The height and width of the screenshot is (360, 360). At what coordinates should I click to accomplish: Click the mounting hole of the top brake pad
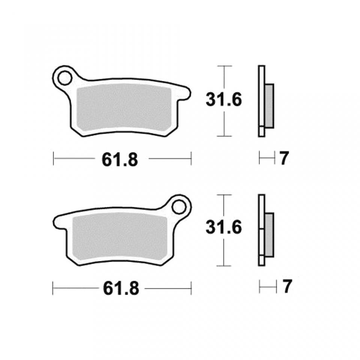[64, 78]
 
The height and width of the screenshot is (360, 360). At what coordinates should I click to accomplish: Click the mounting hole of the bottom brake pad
[179, 206]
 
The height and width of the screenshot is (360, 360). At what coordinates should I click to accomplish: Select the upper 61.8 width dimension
[120, 160]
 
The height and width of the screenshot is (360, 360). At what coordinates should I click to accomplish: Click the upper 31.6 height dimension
[223, 100]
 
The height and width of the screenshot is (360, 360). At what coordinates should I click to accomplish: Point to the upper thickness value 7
[283, 159]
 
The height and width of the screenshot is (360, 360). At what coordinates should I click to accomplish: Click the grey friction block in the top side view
[269, 106]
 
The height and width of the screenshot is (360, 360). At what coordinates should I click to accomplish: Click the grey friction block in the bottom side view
[269, 235]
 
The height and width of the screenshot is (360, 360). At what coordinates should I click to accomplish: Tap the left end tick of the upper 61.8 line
[54, 158]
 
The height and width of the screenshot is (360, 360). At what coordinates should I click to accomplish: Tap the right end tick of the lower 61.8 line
[192, 288]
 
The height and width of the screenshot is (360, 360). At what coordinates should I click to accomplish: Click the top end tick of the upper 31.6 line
[223, 66]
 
